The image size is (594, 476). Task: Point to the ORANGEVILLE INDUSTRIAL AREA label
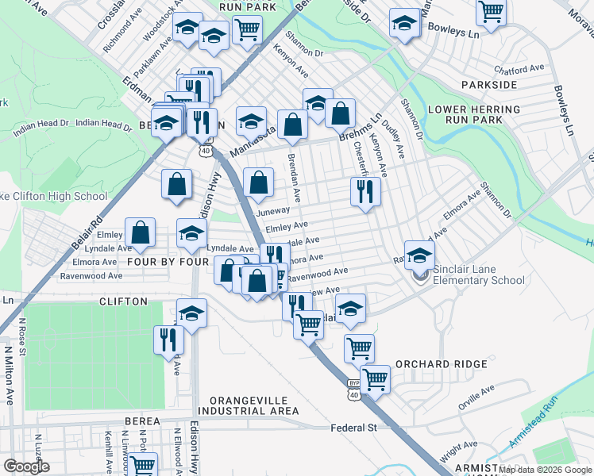pyautogui.click(x=249, y=405)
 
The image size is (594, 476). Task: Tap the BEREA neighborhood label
pyautogui.click(x=143, y=423)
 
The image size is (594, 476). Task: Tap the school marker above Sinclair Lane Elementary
pyautogui.click(x=419, y=255)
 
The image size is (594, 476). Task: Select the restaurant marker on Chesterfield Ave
pyautogui.click(x=365, y=192)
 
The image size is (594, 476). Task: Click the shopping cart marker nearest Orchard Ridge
pyautogui.click(x=375, y=378)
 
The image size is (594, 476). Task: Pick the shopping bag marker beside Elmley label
pyautogui.click(x=141, y=232)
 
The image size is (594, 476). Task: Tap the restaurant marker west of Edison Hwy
pyautogui.click(x=169, y=340)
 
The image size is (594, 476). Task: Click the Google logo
pyautogui.click(x=27, y=466)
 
